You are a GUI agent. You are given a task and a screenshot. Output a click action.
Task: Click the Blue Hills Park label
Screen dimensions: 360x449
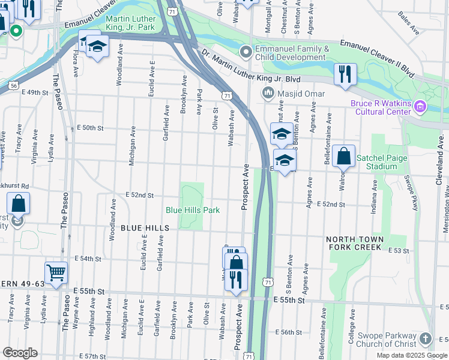(x=193, y=210)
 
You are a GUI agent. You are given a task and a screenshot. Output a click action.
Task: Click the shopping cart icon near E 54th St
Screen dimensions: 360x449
(x=56, y=273)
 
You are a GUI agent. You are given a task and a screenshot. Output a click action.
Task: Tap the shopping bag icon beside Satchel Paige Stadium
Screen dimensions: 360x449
(x=343, y=157)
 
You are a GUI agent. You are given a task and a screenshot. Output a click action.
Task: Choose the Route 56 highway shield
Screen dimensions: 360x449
(x=13, y=86)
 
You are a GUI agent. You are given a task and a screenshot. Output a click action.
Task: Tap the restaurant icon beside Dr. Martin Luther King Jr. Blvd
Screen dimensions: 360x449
(x=345, y=74)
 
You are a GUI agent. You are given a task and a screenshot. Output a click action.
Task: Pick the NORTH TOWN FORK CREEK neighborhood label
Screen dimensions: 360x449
(x=354, y=243)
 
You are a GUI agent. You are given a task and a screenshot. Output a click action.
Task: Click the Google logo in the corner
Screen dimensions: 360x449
(x=20, y=353)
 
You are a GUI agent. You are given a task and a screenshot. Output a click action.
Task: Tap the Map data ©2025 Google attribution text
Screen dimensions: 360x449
(x=411, y=355)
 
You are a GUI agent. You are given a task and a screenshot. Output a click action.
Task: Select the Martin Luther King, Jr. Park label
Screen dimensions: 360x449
(x=130, y=23)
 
